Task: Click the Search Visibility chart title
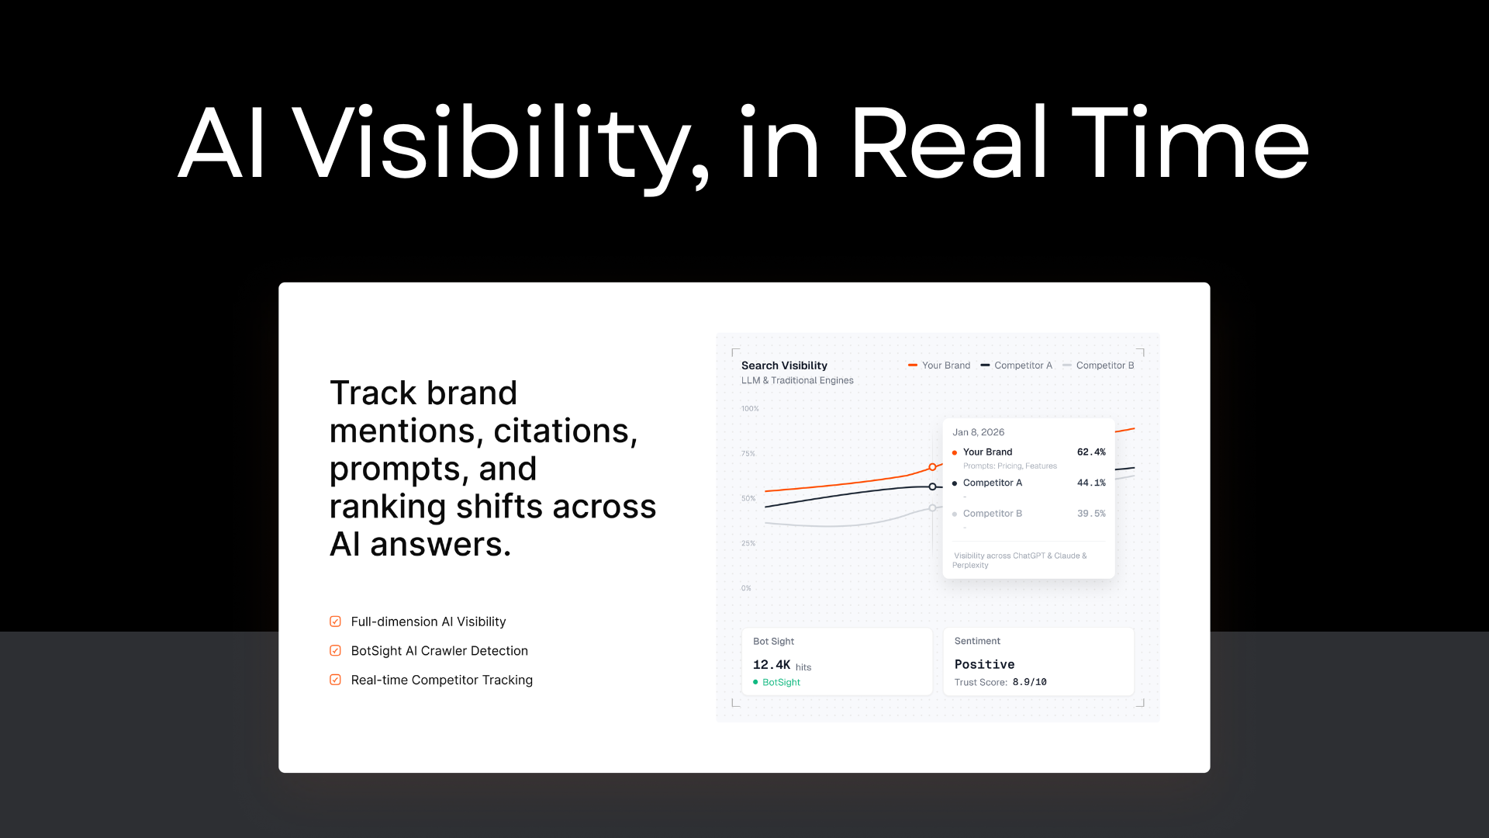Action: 784,365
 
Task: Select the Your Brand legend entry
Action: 939,365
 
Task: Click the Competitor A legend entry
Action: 1017,365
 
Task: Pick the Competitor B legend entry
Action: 1098,365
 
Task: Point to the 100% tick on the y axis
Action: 750,409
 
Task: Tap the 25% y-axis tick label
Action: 748,543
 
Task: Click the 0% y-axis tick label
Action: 746,588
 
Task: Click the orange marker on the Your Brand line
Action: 932,467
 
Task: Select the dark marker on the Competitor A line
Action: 932,487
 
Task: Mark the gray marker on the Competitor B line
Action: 932,508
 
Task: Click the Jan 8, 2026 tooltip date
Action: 978,432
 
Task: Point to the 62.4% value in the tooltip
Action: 1091,452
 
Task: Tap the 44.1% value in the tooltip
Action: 1091,483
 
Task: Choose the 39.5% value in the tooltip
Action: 1091,514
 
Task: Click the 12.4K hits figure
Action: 782,665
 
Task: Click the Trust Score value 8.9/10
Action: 1029,682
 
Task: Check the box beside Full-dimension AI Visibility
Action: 335,622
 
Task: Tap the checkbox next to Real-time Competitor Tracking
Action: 335,680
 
